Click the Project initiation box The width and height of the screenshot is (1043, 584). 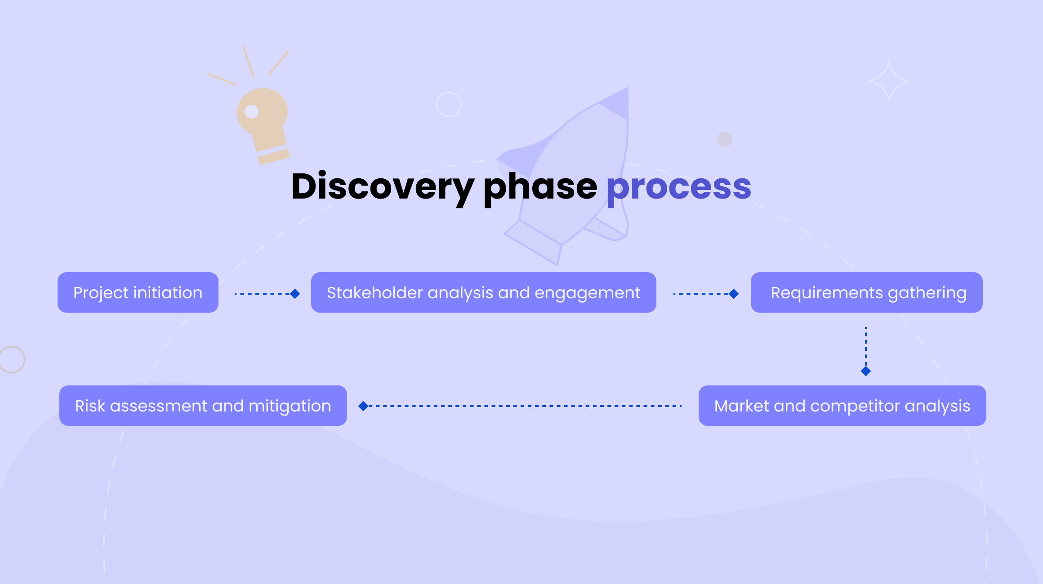coord(138,292)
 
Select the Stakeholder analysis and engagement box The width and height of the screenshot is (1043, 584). coord(483,292)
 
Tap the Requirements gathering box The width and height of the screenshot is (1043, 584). coord(866,292)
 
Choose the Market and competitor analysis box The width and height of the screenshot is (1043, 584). coord(842,406)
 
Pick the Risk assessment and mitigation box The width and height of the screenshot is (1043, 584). coord(203,406)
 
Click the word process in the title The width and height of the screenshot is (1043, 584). coord(679,186)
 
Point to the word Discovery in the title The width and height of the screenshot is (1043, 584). coord(382,186)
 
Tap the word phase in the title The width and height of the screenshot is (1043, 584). coord(540,186)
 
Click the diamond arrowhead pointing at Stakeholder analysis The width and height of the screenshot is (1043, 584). coord(295,294)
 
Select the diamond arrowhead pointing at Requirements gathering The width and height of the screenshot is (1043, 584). coord(734,294)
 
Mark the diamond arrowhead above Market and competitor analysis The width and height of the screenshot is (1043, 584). coord(866,371)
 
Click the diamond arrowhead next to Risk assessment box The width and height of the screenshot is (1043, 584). coord(363,406)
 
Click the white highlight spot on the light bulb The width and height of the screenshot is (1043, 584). coord(251,111)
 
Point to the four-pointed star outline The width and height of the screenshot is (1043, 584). coord(889,82)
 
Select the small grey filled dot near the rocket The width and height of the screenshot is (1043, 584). coord(724,139)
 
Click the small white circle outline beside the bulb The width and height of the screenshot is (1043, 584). coord(449,104)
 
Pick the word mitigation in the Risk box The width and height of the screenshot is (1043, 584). coord(290,406)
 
